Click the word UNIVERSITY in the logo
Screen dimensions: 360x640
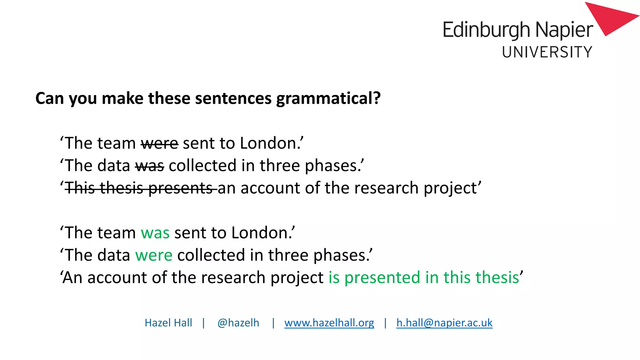547,52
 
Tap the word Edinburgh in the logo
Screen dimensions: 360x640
487,30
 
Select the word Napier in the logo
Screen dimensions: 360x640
564,30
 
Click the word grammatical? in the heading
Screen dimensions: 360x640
328,99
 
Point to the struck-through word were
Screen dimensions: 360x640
159,143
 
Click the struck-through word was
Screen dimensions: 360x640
150,166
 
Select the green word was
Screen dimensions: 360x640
155,233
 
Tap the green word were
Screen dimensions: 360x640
154,255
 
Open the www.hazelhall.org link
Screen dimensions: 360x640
329,323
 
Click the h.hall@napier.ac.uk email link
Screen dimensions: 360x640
444,323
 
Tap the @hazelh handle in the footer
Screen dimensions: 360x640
238,323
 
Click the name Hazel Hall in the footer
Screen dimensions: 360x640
168,323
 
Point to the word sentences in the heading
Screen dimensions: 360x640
233,99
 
